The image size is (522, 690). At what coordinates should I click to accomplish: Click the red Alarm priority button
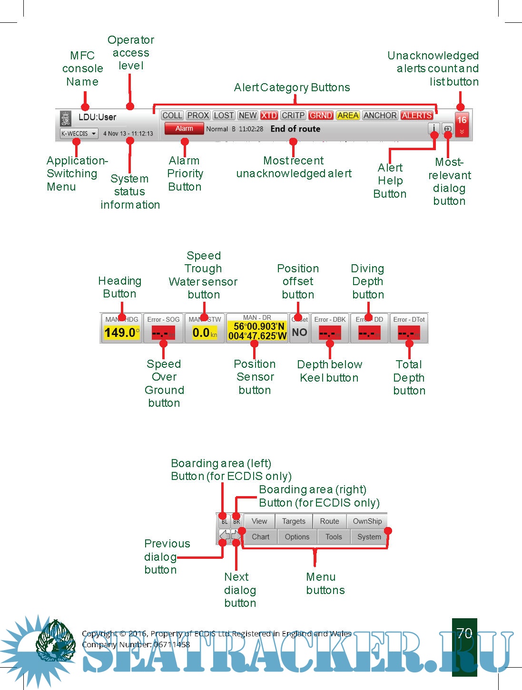point(184,128)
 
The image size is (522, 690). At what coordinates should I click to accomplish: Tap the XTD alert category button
point(269,115)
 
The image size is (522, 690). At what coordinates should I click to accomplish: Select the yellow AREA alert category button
point(348,115)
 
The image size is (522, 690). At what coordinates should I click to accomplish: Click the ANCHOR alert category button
point(380,115)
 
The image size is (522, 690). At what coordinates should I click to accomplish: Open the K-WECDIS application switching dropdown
point(79,134)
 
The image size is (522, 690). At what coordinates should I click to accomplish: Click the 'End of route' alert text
point(295,129)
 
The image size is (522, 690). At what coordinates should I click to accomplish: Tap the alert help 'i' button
point(433,128)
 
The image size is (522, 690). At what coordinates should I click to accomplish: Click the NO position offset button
point(299,333)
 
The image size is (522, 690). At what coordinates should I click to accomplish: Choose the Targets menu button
point(294,521)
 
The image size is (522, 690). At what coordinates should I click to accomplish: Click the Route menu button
point(329,521)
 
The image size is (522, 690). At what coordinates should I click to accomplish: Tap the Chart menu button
point(260,537)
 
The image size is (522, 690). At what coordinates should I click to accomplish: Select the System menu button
point(369,537)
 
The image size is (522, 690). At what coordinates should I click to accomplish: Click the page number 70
point(464,633)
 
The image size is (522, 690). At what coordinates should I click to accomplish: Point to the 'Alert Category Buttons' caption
point(292,87)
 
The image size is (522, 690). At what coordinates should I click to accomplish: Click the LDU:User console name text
point(97,117)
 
